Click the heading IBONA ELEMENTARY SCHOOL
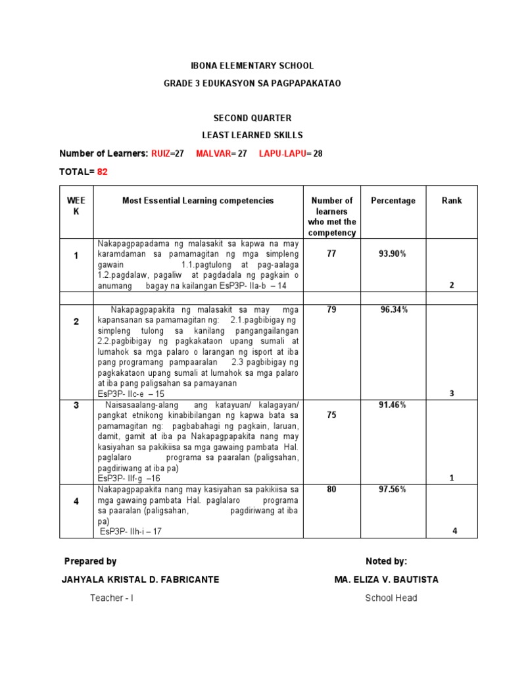(x=252, y=66)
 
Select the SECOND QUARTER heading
(x=252, y=118)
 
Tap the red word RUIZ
(x=160, y=153)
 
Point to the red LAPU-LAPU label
(x=281, y=153)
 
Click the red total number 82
(x=102, y=172)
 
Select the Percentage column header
(x=393, y=201)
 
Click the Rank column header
(x=452, y=201)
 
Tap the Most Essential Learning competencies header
(x=198, y=201)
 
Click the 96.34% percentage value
(x=393, y=309)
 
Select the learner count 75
(x=331, y=415)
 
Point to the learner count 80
(x=331, y=489)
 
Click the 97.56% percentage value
(x=393, y=489)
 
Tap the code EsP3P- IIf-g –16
(x=129, y=479)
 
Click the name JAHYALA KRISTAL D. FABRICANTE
(x=140, y=580)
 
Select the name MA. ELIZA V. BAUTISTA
(x=386, y=580)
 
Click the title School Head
(x=391, y=598)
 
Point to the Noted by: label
(x=386, y=561)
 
